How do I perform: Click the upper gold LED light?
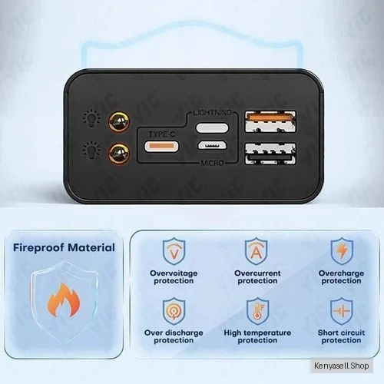tap(119, 121)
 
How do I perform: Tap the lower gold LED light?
tap(119, 154)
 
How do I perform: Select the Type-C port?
tap(162, 147)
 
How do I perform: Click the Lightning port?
tap(212, 127)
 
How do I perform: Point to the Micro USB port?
tap(212, 145)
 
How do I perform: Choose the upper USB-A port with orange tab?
tap(270, 121)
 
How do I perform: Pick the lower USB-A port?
tap(270, 154)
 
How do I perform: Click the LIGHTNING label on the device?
tap(212, 112)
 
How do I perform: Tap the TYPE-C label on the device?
tap(162, 134)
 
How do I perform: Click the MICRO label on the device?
tap(212, 163)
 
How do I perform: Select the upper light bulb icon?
tap(91, 118)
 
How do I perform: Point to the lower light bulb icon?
tap(91, 151)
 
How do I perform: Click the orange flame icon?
tap(64, 300)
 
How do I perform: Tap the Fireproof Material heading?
tap(64, 247)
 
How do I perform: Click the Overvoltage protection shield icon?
tap(174, 251)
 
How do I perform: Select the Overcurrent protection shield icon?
tap(257, 251)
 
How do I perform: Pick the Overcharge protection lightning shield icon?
tap(342, 251)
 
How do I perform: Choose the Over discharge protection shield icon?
tap(174, 311)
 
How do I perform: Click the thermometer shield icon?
tap(258, 311)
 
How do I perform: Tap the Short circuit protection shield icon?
tap(342, 311)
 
